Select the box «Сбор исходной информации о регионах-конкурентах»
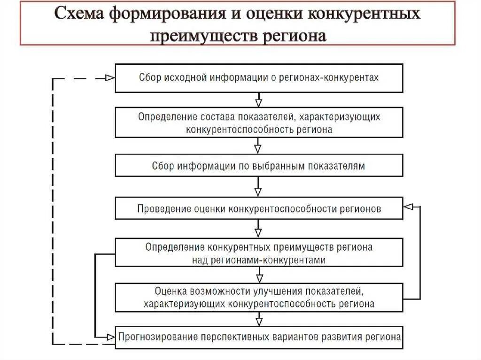259,78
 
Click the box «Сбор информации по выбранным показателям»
259,166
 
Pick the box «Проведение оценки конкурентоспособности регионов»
259,208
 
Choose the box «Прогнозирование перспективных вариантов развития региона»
259,337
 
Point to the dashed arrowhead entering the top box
110,78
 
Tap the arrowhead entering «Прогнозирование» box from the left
111,337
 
